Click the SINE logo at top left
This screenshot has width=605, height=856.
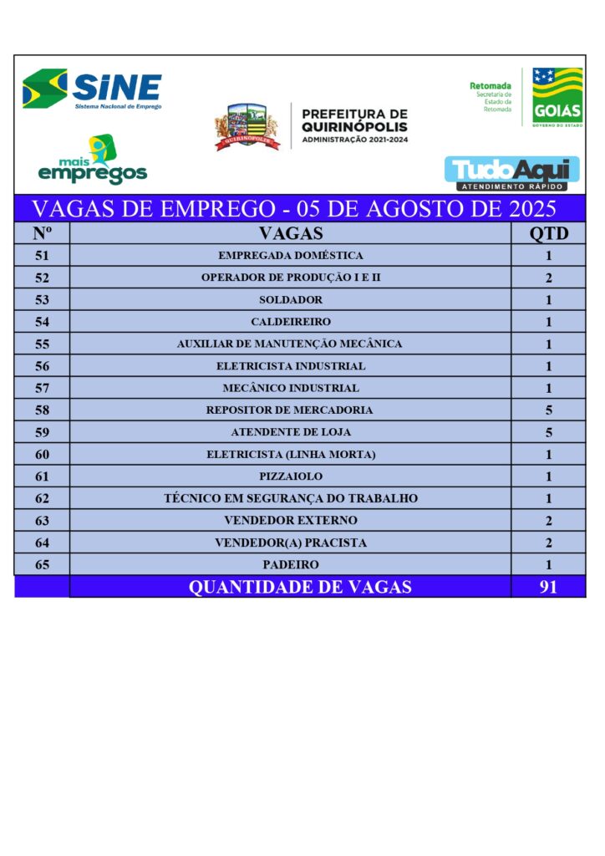coord(92,89)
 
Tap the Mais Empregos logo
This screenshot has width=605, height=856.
coord(92,160)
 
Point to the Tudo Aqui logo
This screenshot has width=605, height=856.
coord(511,173)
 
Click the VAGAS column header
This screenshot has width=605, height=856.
coord(290,233)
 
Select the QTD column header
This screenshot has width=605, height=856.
coord(548,233)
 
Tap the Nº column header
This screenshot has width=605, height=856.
coord(42,233)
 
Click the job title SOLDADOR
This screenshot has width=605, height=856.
coord(290,299)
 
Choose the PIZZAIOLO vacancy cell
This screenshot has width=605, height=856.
coord(290,476)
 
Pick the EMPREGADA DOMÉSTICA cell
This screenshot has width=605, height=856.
coord(290,256)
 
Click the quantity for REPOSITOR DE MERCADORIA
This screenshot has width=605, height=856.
coord(548,410)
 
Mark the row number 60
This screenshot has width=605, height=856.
coord(42,455)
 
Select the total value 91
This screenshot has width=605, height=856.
coord(548,587)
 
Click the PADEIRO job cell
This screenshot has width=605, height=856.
coord(290,565)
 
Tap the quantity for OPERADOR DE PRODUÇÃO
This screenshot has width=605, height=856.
coord(548,278)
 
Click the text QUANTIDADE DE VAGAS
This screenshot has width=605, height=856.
coord(300,587)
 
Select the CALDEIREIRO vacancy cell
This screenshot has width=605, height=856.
coord(290,322)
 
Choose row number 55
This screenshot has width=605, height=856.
coord(42,344)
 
